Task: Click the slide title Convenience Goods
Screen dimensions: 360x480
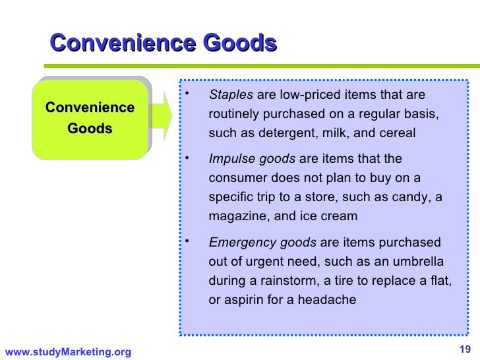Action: (163, 44)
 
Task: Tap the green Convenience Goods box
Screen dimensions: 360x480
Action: (90, 118)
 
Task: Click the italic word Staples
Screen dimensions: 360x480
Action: (226, 95)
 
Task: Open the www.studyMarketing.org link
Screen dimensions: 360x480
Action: (68, 352)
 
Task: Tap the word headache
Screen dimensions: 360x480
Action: (328, 299)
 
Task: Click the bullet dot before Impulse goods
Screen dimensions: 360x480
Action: (188, 157)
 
